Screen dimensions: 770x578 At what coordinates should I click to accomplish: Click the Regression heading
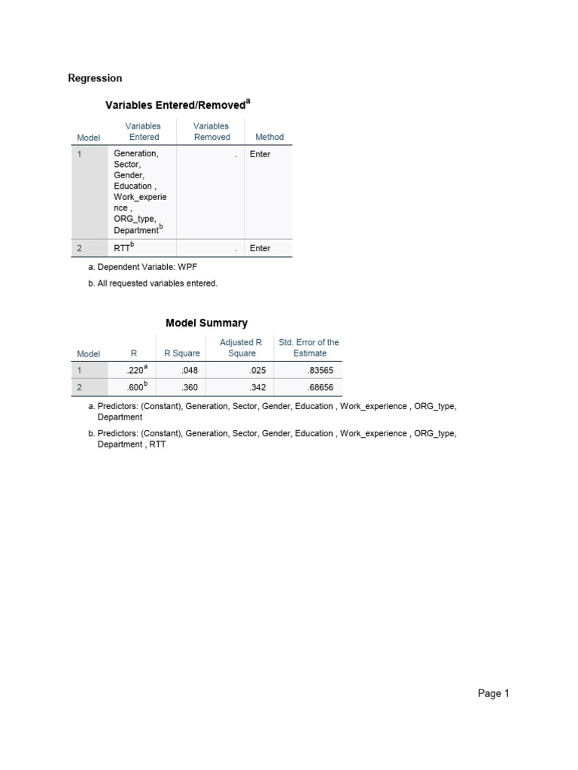pos(95,78)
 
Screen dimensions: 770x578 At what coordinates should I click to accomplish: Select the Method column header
pos(269,138)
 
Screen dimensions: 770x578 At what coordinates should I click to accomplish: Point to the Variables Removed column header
pos(211,132)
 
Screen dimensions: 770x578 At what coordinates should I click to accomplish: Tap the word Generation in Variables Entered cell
pos(135,153)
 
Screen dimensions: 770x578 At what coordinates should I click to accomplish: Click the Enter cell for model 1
pos(260,154)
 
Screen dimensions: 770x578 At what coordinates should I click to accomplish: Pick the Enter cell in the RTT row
pos(260,248)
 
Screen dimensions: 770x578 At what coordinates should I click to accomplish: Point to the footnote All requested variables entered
pos(153,283)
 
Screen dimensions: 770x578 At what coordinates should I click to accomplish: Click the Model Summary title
pos(206,323)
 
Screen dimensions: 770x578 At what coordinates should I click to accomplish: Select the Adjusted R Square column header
pos(241,347)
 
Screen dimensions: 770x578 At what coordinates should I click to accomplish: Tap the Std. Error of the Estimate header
pos(309,347)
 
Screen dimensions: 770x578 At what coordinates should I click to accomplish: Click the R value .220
pos(136,371)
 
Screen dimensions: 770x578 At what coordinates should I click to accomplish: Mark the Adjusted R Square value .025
pos(257,371)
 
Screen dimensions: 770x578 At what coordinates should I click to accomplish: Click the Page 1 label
pos(494,694)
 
